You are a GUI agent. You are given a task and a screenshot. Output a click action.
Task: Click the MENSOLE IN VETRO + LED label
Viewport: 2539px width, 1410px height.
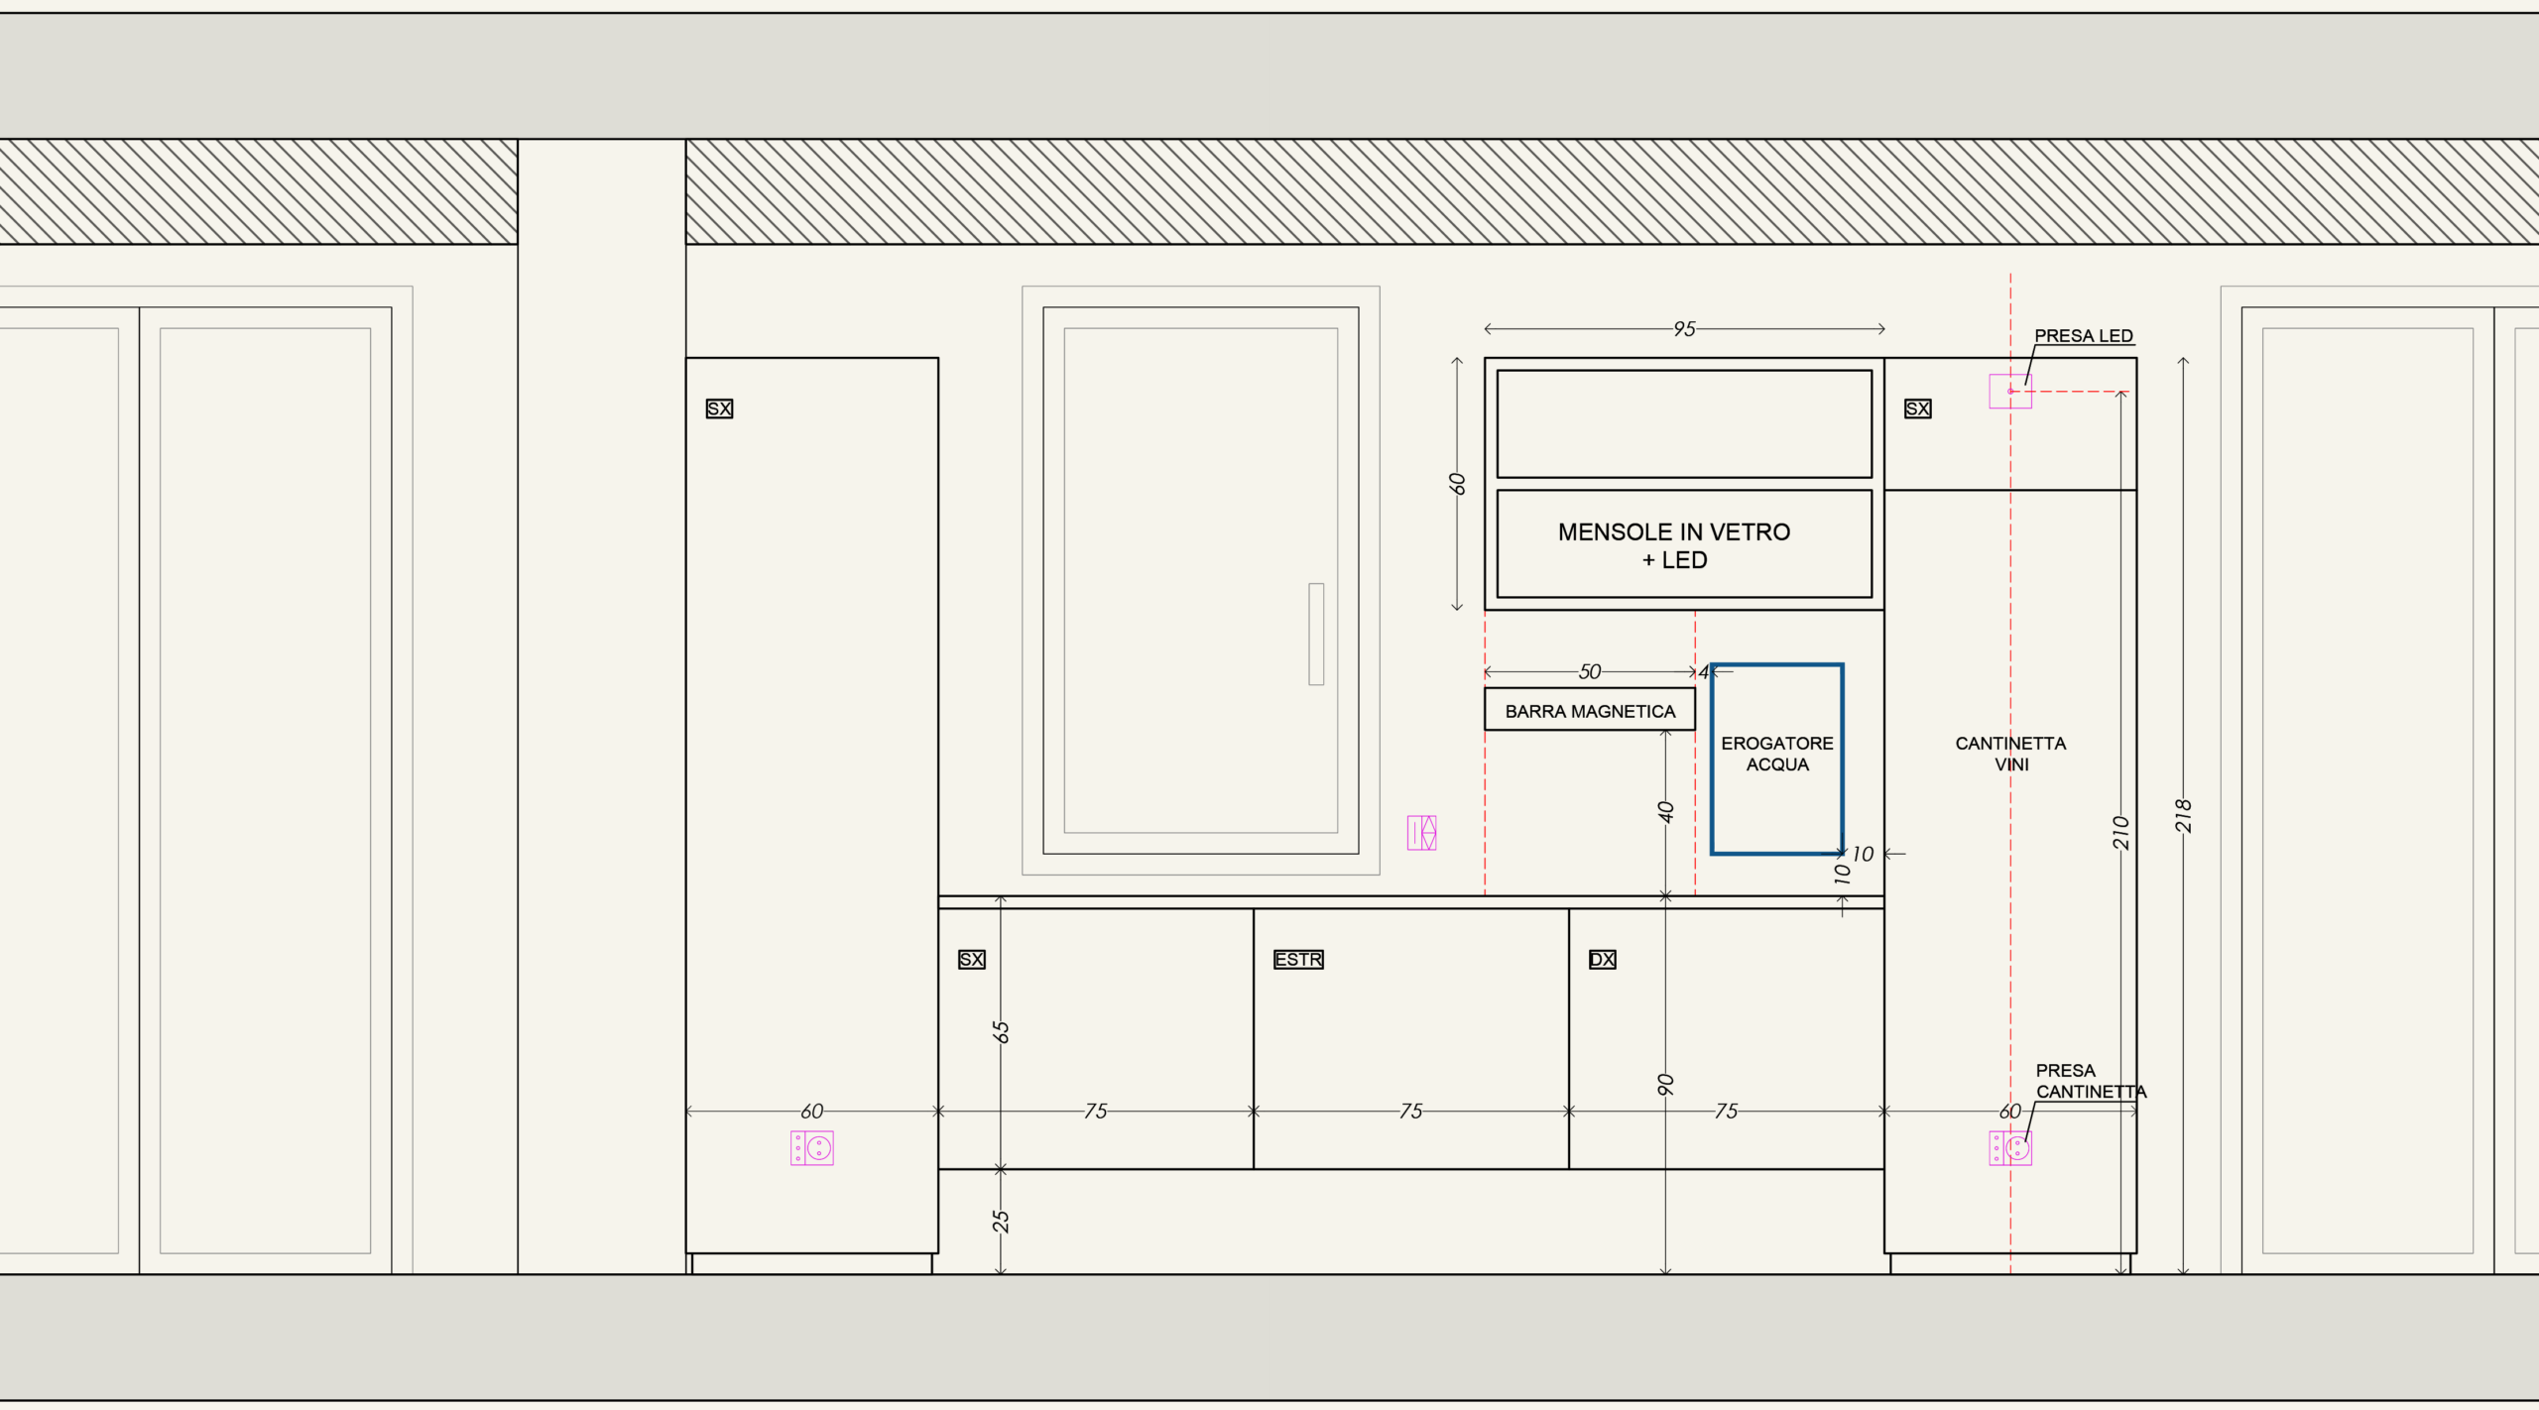[1674, 546]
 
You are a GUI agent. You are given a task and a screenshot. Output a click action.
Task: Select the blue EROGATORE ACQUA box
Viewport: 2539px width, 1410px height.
[1712, 759]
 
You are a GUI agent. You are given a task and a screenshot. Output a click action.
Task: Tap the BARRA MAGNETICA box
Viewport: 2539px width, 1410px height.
[1589, 710]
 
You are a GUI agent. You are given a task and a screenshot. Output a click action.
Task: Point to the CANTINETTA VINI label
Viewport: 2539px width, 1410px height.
[2010, 754]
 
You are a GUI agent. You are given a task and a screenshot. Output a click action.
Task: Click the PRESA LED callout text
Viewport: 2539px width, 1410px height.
[2083, 336]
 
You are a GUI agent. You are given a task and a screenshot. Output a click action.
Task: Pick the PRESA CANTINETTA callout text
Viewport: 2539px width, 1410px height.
[2090, 1081]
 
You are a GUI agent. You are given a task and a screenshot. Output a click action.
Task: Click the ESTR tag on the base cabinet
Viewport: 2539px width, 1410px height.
[1298, 959]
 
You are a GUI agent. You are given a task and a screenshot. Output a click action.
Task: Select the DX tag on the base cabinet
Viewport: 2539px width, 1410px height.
[1602, 959]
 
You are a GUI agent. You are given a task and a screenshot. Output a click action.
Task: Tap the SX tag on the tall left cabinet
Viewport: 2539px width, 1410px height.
[719, 409]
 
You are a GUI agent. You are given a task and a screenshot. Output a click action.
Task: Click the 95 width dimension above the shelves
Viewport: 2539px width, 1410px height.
[1684, 328]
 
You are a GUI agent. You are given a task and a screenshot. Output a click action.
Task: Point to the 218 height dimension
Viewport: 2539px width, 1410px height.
[2183, 815]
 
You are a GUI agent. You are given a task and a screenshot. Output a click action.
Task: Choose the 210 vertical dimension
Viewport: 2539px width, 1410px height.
[2120, 832]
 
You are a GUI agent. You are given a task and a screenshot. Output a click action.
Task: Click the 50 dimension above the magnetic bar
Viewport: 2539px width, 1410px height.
[1590, 671]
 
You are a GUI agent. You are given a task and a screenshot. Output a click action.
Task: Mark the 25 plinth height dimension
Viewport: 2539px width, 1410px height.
[1001, 1222]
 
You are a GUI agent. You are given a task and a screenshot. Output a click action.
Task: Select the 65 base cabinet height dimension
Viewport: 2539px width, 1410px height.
[1001, 1032]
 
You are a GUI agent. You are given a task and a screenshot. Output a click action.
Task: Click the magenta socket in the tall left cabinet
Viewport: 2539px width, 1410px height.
[812, 1148]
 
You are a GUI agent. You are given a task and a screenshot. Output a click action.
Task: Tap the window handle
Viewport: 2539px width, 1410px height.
[1316, 634]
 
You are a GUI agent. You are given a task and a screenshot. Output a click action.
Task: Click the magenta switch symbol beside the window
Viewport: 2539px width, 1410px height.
[1421, 833]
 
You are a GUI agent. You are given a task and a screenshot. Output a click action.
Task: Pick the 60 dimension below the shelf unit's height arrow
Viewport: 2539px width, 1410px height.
[1456, 483]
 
